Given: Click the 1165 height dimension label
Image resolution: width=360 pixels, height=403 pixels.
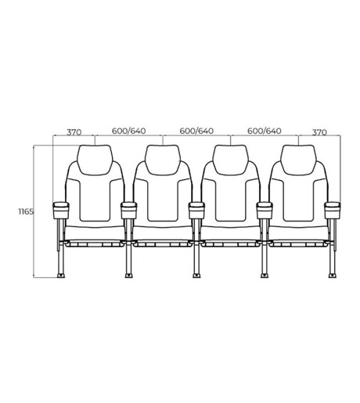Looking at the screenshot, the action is click(26, 211).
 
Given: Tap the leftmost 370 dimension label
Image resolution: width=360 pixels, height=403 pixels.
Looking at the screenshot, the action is click(74, 132).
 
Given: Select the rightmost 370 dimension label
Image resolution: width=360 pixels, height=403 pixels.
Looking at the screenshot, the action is click(319, 132).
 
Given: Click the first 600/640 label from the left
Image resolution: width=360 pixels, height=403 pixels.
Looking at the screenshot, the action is click(128, 131).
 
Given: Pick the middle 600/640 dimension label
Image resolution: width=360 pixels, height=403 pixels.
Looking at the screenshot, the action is click(196, 131).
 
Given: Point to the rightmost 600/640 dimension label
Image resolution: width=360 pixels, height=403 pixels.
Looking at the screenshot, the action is click(265, 131).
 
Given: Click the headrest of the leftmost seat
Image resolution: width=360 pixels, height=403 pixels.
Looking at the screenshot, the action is click(95, 160).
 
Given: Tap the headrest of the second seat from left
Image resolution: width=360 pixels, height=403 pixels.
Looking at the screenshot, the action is click(163, 160).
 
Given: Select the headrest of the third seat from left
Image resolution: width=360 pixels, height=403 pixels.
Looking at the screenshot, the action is click(231, 160).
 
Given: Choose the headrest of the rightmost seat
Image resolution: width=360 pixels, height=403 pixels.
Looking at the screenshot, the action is click(298, 160).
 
